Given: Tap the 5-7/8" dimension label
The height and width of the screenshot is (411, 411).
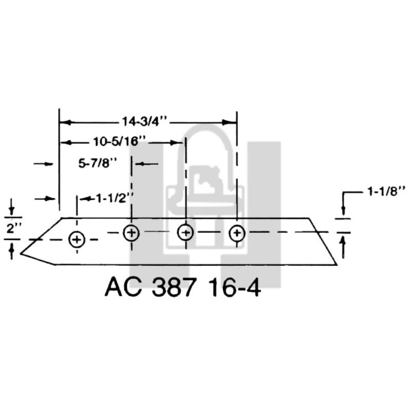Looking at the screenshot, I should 97,162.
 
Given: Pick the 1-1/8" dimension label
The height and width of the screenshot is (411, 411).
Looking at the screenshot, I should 384,193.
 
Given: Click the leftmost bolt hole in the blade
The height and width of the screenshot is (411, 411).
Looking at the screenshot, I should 77,239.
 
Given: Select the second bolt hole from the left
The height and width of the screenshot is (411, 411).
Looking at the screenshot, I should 132,233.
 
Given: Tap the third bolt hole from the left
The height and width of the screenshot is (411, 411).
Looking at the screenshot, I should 185,232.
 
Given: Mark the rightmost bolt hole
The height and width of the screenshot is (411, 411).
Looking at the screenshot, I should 237,233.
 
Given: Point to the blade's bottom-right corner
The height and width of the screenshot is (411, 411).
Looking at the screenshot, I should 336,264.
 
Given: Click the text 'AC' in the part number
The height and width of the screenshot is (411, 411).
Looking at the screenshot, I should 120,288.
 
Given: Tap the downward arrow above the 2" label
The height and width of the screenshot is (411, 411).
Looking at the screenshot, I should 12,208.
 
